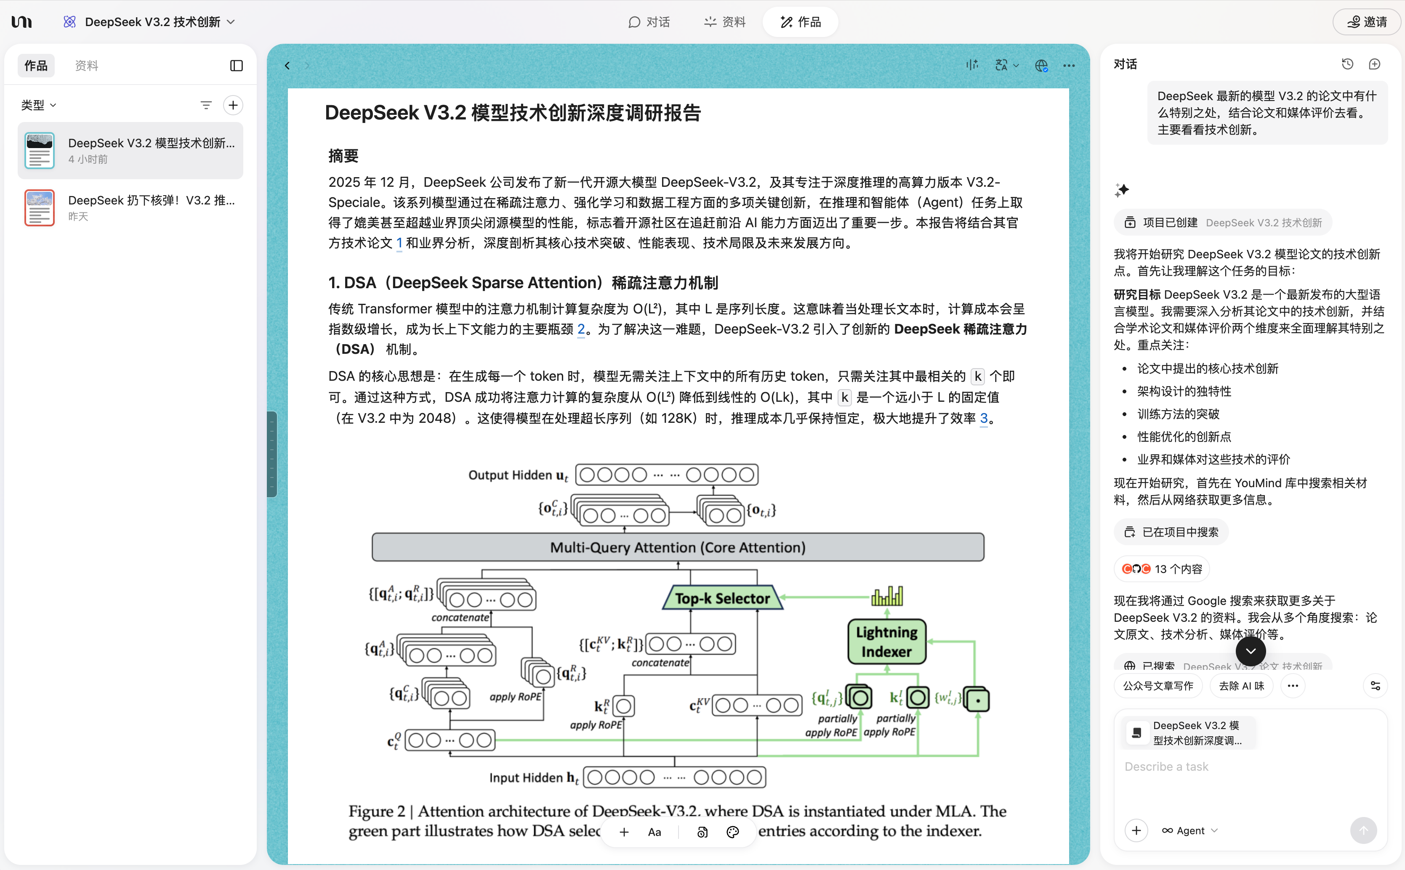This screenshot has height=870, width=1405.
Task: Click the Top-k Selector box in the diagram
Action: tap(722, 598)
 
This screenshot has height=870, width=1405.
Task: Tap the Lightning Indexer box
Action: tap(886, 642)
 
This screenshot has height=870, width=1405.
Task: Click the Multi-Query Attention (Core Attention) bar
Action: tap(678, 547)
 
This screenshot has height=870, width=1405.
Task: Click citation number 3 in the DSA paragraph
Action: tap(984, 418)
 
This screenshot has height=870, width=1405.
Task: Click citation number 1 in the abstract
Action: tap(399, 243)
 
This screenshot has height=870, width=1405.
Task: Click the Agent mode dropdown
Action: tap(1190, 830)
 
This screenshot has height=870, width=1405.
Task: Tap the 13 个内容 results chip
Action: tap(1162, 569)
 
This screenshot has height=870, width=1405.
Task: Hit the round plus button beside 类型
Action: tap(233, 105)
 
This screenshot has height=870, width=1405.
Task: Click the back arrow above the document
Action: tap(287, 66)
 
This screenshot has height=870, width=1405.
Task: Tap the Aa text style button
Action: tap(655, 832)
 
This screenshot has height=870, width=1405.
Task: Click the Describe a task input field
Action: tap(1249, 767)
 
